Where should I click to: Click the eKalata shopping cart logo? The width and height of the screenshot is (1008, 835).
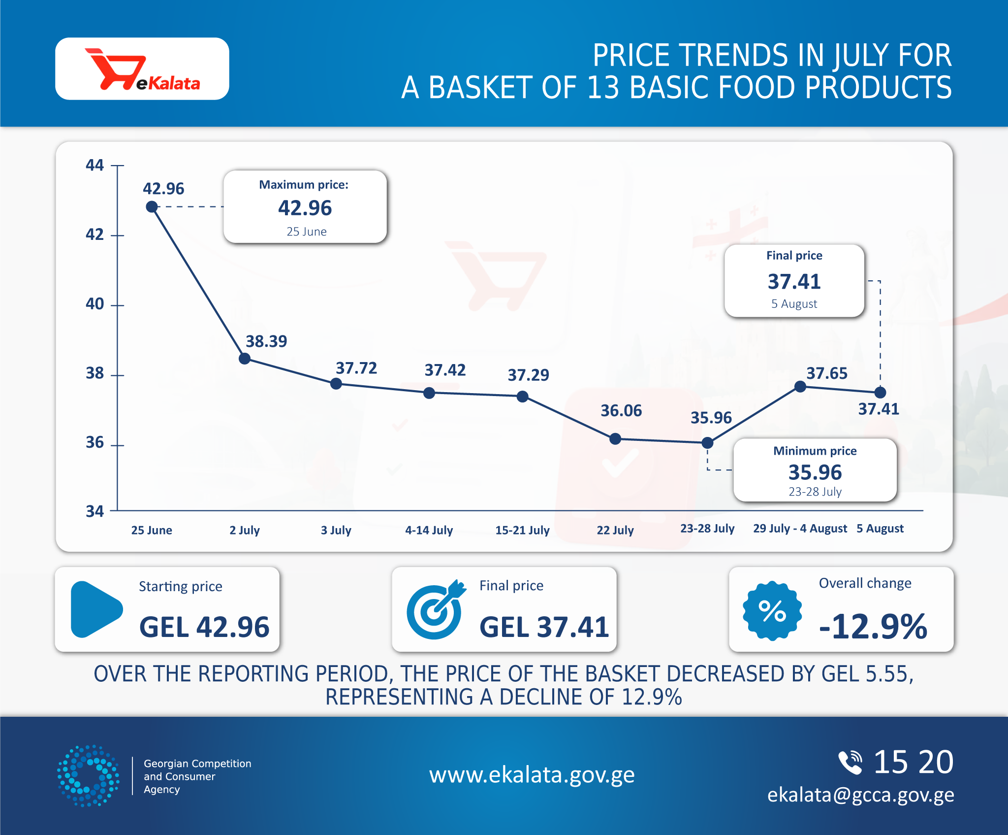coord(142,69)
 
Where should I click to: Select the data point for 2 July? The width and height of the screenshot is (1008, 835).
coord(245,358)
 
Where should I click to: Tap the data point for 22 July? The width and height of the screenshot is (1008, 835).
coord(615,438)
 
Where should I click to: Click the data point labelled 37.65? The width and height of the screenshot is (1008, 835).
coord(800,387)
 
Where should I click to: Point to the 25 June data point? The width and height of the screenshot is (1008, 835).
coord(152,207)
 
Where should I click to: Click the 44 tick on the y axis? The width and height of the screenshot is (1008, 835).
coord(118,166)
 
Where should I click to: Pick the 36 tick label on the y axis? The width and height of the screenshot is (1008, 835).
coord(95,442)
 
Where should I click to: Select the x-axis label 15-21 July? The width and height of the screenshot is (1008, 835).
coord(522,530)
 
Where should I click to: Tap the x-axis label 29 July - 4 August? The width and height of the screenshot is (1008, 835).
coord(800,529)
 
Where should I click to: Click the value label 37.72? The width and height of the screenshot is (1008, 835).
coord(356,368)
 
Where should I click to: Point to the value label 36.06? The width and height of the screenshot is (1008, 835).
coord(621,410)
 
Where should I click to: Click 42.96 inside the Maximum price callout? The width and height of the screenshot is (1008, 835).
coord(305,208)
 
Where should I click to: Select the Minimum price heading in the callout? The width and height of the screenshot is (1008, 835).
coord(815,451)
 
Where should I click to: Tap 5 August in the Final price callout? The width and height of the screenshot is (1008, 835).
coord(794,304)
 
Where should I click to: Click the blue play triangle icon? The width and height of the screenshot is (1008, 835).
coord(96,609)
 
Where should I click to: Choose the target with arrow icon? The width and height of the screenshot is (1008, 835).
coord(436,610)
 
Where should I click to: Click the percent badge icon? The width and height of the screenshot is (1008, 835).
coord(772,611)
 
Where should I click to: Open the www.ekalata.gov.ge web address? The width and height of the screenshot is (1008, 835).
coord(532,775)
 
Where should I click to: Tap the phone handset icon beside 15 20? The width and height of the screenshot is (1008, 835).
coord(850,762)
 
